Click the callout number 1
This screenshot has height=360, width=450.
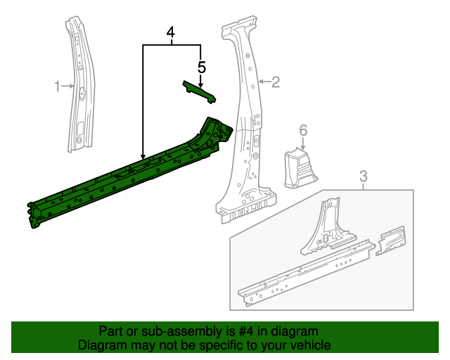pyautogui.click(x=57, y=86)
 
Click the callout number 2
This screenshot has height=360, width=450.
pyautogui.click(x=276, y=82)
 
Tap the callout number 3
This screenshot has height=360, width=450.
pyautogui.click(x=363, y=175)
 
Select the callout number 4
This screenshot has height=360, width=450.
pyautogui.click(x=172, y=32)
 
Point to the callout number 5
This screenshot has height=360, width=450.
pyautogui.click(x=202, y=67)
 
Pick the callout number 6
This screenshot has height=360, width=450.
pyautogui.click(x=303, y=130)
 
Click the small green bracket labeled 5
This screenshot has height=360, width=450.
pyautogui.click(x=198, y=92)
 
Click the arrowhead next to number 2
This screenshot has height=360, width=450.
pyautogui.click(x=259, y=82)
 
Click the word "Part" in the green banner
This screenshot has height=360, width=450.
pyautogui.click(x=111, y=331)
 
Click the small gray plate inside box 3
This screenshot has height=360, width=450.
pyautogui.click(x=391, y=240)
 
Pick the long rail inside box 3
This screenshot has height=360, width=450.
pyautogui.click(x=302, y=274)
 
